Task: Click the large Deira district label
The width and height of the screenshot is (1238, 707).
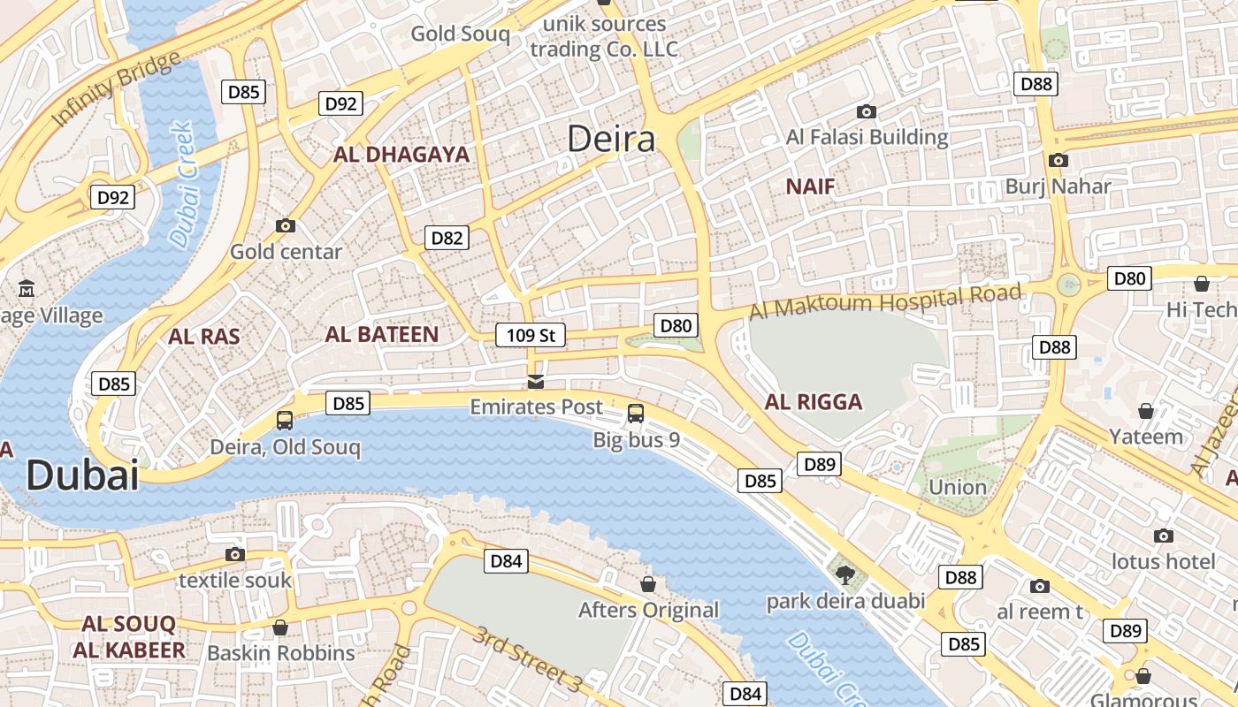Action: [x=611, y=139]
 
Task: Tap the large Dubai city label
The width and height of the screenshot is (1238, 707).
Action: [x=82, y=475]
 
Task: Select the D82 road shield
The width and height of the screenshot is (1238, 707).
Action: [x=447, y=238]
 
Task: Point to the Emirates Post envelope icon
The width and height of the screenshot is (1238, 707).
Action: [x=535, y=382]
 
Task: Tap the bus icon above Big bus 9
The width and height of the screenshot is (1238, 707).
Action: [x=635, y=413]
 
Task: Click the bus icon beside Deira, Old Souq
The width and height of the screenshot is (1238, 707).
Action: [x=285, y=421]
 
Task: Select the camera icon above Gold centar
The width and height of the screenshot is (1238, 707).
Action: [x=285, y=225]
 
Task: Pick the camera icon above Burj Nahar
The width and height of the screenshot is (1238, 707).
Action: [x=1058, y=160]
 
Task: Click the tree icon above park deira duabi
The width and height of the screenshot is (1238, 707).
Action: [x=845, y=574]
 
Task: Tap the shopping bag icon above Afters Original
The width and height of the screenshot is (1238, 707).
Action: [x=648, y=584]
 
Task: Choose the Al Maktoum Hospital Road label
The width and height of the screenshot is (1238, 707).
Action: [x=886, y=301]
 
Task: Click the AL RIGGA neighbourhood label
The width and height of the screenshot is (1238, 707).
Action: [x=814, y=402]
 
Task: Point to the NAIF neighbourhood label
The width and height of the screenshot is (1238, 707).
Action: [x=810, y=186]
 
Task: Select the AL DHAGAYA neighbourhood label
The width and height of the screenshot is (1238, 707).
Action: [x=401, y=155]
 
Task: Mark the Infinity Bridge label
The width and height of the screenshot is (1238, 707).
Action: [x=116, y=88]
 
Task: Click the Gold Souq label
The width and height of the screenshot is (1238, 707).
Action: [x=461, y=34]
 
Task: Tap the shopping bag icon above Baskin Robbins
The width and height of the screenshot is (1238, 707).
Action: [x=280, y=627]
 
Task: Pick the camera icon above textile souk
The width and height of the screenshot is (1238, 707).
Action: [x=234, y=554]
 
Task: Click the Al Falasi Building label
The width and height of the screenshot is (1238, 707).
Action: [x=867, y=137]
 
